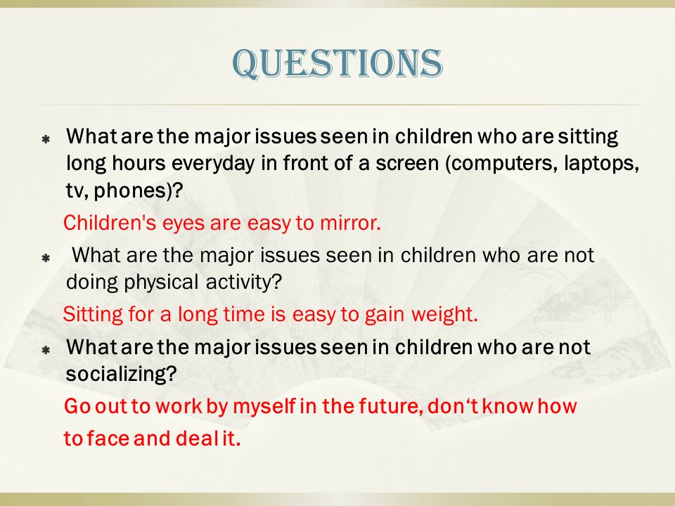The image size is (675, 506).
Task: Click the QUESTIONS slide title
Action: [337, 64]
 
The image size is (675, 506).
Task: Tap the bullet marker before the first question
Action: [46, 139]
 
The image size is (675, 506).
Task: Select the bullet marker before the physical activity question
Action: [46, 258]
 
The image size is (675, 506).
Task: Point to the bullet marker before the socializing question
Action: [46, 350]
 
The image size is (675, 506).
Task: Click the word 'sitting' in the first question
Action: [588, 137]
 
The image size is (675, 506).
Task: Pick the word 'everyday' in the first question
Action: [213, 164]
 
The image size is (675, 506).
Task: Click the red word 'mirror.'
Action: [350, 223]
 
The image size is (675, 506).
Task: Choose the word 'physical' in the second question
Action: [162, 283]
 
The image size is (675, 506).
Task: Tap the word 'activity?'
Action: [244, 283]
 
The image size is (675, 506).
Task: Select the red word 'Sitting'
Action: [93, 314]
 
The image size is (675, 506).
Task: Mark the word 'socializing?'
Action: [121, 374]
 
